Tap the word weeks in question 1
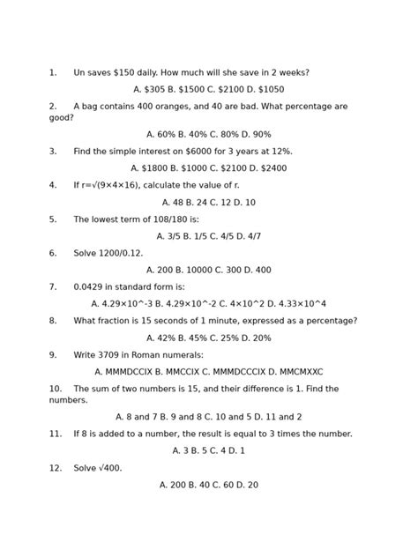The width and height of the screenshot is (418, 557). [x=289, y=73]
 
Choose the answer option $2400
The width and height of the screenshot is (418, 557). [x=273, y=168]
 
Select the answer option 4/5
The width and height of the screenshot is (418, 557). [x=225, y=236]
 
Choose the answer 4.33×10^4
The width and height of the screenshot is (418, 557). [x=302, y=304]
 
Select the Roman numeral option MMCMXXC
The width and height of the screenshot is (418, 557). [x=297, y=372]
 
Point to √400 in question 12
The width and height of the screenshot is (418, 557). [x=108, y=468]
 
